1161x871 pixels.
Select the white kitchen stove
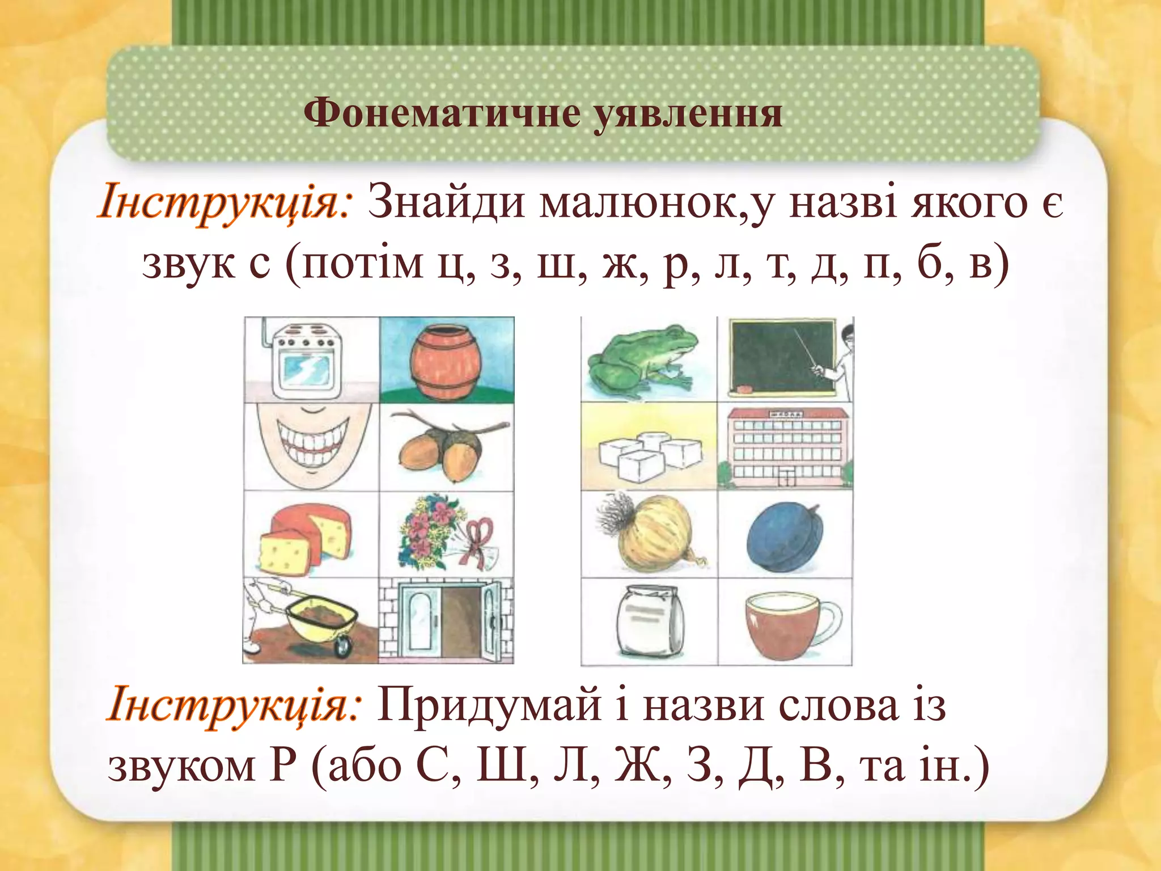point(300,361)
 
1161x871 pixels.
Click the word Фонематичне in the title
point(442,113)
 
